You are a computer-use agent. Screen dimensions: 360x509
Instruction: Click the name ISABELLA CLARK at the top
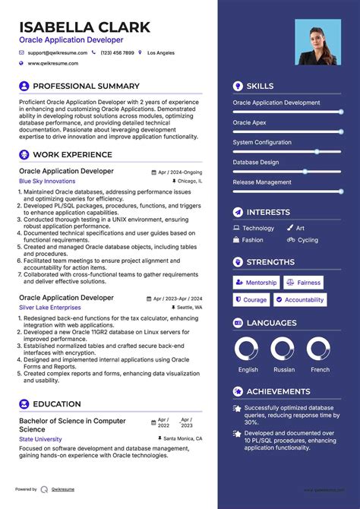click(x=85, y=27)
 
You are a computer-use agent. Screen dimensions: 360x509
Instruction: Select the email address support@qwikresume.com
click(x=57, y=53)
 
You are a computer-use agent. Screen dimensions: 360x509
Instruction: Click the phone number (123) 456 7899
click(x=117, y=53)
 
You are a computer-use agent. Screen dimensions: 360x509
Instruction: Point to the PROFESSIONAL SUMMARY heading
click(x=86, y=87)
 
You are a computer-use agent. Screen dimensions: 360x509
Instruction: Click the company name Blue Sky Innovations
click(x=47, y=182)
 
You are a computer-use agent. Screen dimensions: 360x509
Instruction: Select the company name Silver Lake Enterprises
click(x=50, y=308)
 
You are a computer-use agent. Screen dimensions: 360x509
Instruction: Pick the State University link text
click(x=41, y=439)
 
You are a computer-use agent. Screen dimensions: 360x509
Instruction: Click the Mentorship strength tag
click(x=256, y=283)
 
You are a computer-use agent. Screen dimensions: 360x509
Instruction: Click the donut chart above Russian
click(x=284, y=350)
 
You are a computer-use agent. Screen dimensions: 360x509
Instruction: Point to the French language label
click(x=321, y=370)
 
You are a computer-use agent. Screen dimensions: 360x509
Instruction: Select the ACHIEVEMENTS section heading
click(x=278, y=392)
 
